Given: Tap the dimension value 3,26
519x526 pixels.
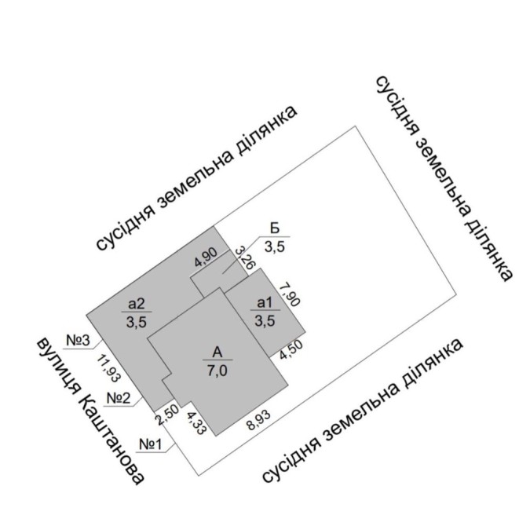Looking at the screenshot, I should tap(243, 258).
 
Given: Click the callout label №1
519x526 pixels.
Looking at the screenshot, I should tap(173, 445).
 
